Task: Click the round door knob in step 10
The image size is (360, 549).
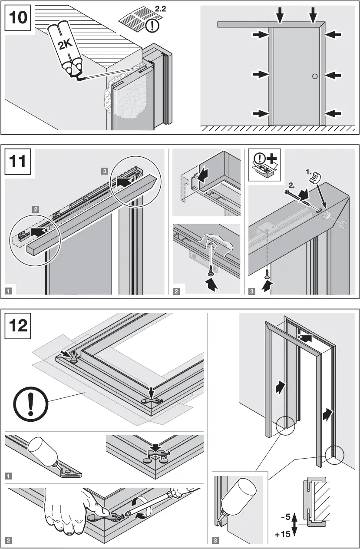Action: click(314, 76)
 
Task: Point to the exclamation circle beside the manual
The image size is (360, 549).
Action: click(152, 25)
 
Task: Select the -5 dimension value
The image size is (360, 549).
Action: click(285, 517)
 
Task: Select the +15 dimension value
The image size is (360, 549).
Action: click(282, 534)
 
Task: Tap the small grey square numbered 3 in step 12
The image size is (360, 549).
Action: click(216, 541)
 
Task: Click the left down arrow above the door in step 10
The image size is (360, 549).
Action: click(280, 16)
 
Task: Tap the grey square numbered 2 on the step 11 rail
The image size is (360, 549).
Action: click(35, 209)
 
